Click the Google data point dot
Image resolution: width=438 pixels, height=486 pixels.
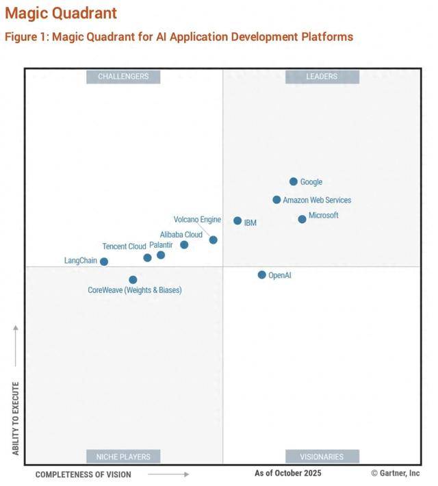pos(294,181)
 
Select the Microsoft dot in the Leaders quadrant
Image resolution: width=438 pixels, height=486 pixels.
pos(302,219)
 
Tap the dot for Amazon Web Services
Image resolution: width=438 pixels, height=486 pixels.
pos(276,200)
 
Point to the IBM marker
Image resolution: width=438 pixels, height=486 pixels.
pos(237,221)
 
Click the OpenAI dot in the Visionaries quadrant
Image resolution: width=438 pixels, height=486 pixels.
pos(261,275)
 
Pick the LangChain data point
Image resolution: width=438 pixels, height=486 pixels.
pos(104,261)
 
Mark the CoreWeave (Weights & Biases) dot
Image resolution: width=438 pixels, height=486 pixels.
pos(133,280)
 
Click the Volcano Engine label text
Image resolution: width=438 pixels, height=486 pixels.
pos(197,220)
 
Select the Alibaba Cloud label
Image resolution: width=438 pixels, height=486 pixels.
pos(181,235)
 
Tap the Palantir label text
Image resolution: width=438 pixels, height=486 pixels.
pos(161,245)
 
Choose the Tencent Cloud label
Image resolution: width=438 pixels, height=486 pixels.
pos(124,246)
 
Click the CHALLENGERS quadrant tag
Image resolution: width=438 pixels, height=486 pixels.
pos(123,77)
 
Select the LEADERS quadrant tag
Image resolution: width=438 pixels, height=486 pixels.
pos(322,77)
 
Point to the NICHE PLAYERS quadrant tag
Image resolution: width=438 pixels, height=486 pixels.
pos(123,457)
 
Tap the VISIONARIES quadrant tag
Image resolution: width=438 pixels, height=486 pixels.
pos(322,457)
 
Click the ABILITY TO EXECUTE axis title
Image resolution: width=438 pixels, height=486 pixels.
pos(16,418)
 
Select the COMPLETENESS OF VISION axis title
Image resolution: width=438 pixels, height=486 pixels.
pos(83,474)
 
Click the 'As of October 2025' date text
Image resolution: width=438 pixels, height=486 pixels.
pos(287,473)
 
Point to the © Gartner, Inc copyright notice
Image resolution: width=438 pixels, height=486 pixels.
pos(395,473)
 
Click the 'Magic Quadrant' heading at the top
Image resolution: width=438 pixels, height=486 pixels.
pos(61,13)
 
